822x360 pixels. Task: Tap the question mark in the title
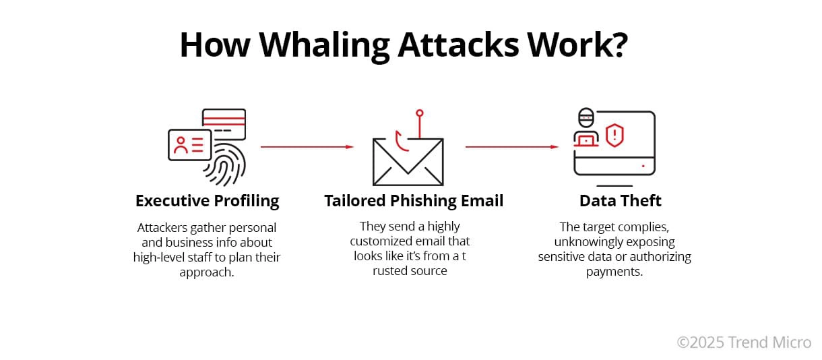[617, 44]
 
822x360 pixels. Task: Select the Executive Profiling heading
[207, 201]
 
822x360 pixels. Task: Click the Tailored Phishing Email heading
[414, 201]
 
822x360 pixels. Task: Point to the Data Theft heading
[620, 201]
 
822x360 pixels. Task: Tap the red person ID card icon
[189, 144]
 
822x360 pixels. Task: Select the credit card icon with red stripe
[224, 123]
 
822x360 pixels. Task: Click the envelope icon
[408, 161]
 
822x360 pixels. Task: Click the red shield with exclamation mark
[614, 136]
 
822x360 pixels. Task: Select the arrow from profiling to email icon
[307, 146]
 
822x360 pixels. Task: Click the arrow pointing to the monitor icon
[511, 146]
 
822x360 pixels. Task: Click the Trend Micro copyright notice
[743, 342]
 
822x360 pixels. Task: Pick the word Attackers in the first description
[161, 228]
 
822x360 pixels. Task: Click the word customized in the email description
[390, 241]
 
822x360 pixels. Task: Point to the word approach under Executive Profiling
[206, 272]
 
